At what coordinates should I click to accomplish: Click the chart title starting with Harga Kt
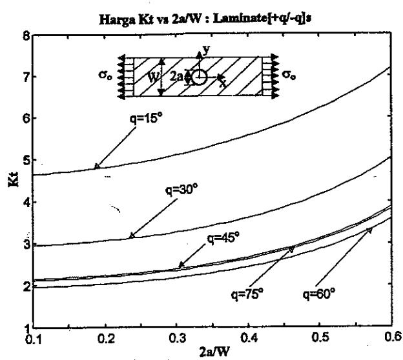(x=205, y=19)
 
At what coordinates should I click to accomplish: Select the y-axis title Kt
(x=14, y=179)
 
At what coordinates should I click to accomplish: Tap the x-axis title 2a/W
(x=214, y=352)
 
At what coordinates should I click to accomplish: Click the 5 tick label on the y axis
(x=26, y=160)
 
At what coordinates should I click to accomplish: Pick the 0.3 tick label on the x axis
(x=178, y=338)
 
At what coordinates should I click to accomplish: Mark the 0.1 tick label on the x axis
(x=34, y=339)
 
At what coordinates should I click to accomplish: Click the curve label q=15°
(x=147, y=119)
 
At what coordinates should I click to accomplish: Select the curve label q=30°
(x=181, y=190)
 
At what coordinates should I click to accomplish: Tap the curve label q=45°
(x=223, y=238)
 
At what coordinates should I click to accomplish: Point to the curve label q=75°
(x=247, y=294)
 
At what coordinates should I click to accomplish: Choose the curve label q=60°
(x=319, y=294)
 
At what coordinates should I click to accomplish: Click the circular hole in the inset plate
(x=199, y=77)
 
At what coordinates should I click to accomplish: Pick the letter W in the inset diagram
(x=154, y=77)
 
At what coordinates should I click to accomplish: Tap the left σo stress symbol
(x=105, y=75)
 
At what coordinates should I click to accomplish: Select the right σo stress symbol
(x=289, y=75)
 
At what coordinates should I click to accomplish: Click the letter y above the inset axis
(x=206, y=49)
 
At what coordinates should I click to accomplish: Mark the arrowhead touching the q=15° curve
(x=97, y=166)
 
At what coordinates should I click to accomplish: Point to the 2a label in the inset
(x=176, y=76)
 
